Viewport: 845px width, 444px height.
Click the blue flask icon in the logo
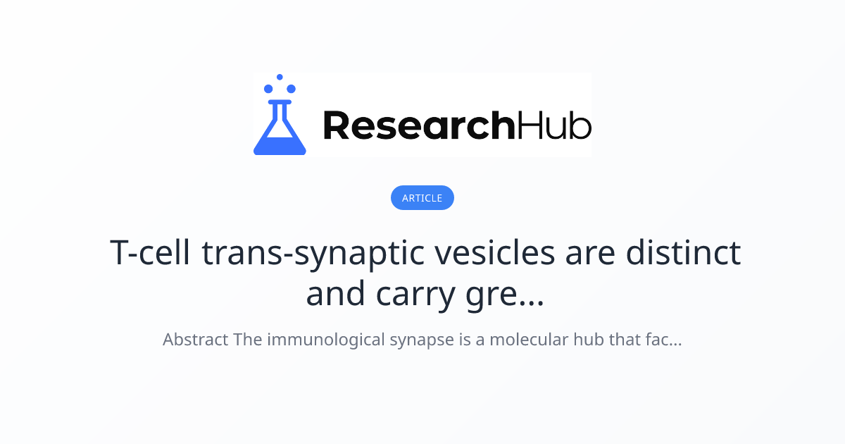(x=280, y=127)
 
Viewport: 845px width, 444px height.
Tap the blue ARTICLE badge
(x=423, y=198)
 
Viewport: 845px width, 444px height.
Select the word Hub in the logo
(x=554, y=125)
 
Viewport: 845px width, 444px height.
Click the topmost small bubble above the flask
(x=280, y=77)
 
